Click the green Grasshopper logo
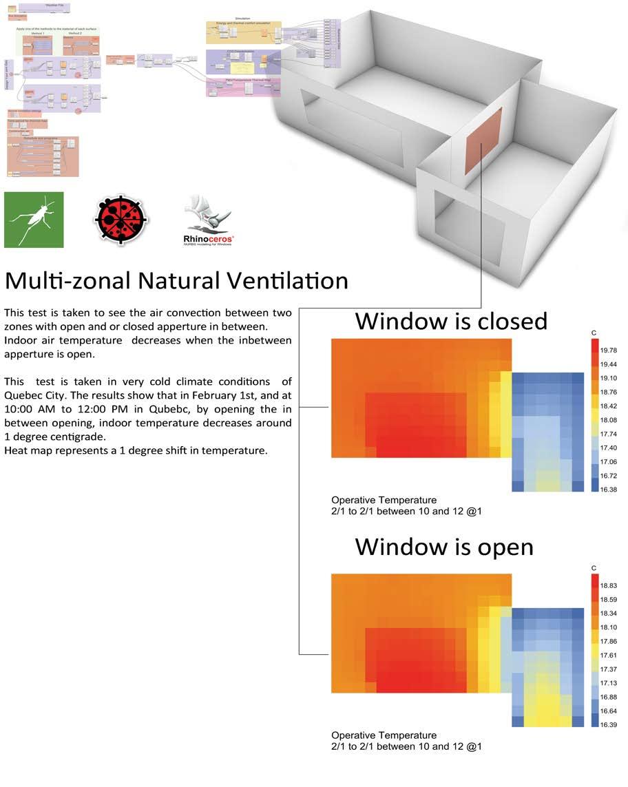click(x=34, y=220)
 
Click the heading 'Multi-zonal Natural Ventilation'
click(x=176, y=280)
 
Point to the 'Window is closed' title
click(x=451, y=321)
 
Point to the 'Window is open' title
click(x=444, y=546)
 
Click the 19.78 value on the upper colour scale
click(x=608, y=350)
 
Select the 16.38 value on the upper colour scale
click(x=608, y=490)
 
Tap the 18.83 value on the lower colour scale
click(x=608, y=585)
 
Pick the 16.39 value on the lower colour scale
click(x=608, y=725)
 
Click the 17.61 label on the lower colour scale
click(x=608, y=655)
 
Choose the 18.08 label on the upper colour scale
click(x=608, y=420)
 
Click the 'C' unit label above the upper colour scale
click(x=594, y=333)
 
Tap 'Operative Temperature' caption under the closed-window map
click(x=384, y=500)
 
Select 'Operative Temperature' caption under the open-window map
click(x=384, y=735)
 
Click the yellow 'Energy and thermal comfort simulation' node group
click(x=243, y=32)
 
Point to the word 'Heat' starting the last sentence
click(x=16, y=450)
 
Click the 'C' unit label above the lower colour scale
click(x=594, y=568)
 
